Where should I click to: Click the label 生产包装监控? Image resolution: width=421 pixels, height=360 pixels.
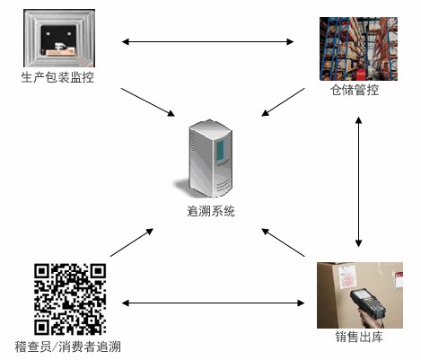pyautogui.click(x=57, y=77)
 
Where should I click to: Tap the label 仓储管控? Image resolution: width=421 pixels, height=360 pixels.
pyautogui.click(x=355, y=90)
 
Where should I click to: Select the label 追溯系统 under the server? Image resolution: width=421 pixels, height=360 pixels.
pyautogui.click(x=211, y=211)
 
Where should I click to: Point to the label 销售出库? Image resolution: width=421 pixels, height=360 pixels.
pyautogui.click(x=359, y=337)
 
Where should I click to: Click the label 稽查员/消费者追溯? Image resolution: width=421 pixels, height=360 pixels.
pyautogui.click(x=68, y=347)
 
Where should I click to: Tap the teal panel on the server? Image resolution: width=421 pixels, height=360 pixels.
pyautogui.click(x=221, y=150)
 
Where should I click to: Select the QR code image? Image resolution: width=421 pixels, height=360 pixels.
pyautogui.click(x=70, y=299)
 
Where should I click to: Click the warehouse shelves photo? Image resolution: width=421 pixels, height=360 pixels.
pyautogui.click(x=358, y=48)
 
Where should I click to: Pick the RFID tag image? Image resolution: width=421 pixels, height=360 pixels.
pyautogui.click(x=59, y=38)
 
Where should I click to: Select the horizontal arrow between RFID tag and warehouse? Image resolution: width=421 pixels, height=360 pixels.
pyautogui.click(x=207, y=41)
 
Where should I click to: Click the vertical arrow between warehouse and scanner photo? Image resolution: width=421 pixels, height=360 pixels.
pyautogui.click(x=358, y=181)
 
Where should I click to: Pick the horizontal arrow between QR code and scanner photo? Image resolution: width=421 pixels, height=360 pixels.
pyautogui.click(x=213, y=303)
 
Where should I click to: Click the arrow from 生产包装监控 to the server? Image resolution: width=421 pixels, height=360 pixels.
pyautogui.click(x=148, y=102)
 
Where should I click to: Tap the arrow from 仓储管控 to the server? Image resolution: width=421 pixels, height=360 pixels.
pyautogui.click(x=283, y=102)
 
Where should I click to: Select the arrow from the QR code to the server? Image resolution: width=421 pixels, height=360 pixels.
pyautogui.click(x=132, y=242)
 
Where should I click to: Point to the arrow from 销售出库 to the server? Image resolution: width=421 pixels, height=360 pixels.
pyautogui.click(x=283, y=242)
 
